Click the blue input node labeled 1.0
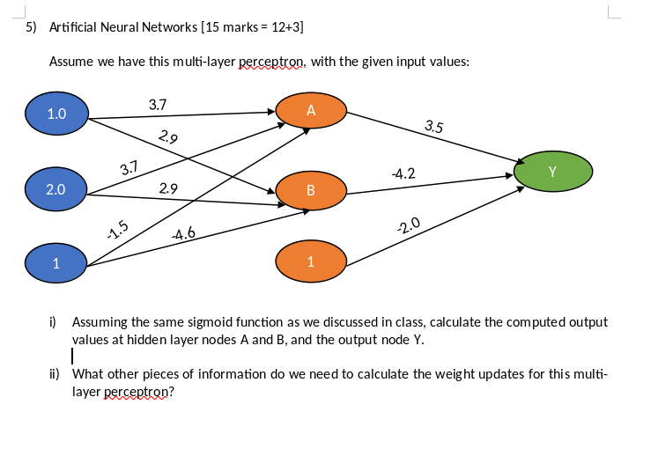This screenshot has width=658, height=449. tap(56, 114)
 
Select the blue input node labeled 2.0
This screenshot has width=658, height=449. tap(55, 189)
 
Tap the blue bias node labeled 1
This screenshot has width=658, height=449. tap(55, 262)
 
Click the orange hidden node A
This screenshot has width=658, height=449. tap(309, 112)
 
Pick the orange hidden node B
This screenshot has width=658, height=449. tap(309, 190)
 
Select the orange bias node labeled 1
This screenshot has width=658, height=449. tap(309, 261)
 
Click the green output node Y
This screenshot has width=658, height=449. tap(551, 171)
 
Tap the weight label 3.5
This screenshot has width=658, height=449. tap(433, 126)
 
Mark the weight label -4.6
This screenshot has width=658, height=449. tap(183, 234)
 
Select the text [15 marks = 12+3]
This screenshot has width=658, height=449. tap(253, 27)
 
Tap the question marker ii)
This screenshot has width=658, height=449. tap(55, 373)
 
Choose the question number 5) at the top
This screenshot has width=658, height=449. tap(31, 27)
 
